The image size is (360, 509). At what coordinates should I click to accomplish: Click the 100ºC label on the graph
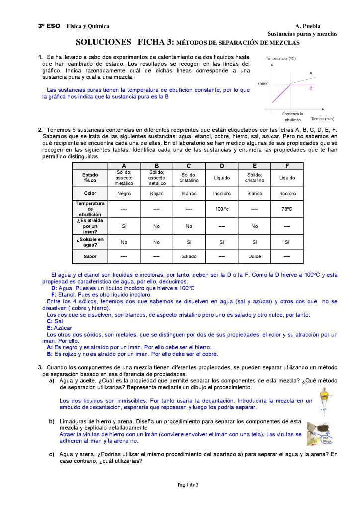point(263,84)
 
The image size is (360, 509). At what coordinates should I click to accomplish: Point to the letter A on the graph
point(311,73)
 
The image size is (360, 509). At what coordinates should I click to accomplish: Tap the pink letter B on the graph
point(311,88)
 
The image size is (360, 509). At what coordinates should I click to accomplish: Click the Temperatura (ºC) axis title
point(280,58)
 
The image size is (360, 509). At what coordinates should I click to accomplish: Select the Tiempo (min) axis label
point(322,119)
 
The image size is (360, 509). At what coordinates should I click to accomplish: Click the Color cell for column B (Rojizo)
point(156,193)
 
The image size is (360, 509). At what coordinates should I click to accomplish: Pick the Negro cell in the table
point(124,193)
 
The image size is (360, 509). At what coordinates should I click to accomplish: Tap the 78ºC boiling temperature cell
point(287,209)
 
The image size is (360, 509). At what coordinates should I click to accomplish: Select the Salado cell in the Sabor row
point(189,257)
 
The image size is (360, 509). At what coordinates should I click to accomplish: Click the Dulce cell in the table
point(255,257)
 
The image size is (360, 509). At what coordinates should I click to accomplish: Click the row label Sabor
point(90,257)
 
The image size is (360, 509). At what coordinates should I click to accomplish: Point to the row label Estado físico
point(90,177)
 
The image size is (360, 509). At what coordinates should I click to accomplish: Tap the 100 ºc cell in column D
point(222,209)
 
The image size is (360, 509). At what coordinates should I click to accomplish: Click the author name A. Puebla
point(308,26)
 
